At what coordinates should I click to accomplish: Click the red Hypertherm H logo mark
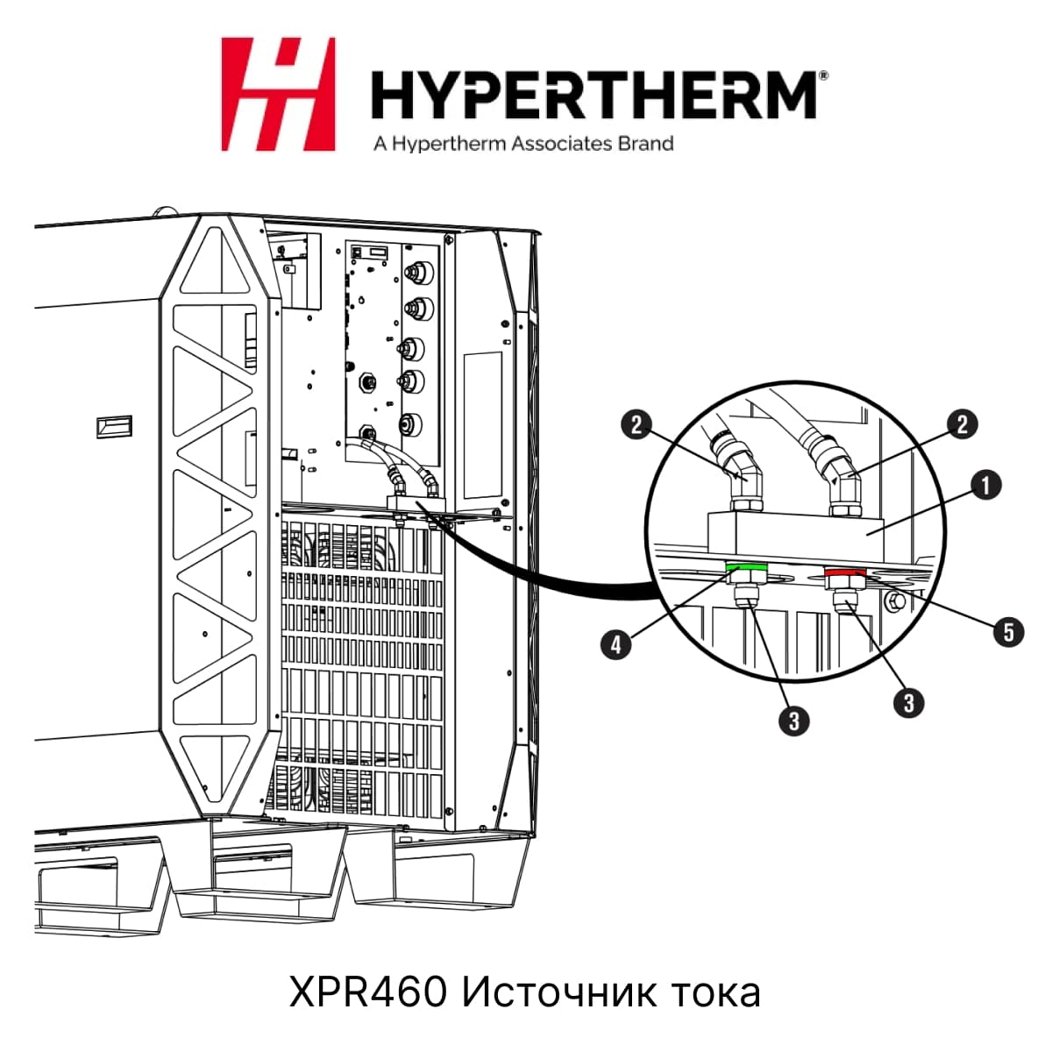(x=278, y=94)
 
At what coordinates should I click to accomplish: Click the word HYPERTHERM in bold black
(x=594, y=95)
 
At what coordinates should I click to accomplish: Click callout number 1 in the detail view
(x=986, y=485)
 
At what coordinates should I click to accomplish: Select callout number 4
(x=615, y=645)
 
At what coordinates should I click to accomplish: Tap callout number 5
(x=1008, y=632)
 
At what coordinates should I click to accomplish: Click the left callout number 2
(x=636, y=424)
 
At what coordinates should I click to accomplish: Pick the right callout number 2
(x=963, y=424)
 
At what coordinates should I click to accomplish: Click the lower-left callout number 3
(x=793, y=721)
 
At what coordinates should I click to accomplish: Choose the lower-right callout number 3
(x=909, y=702)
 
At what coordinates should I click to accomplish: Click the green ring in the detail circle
(x=746, y=568)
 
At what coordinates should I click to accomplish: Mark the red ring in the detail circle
(x=845, y=572)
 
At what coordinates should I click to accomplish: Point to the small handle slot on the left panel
(x=114, y=427)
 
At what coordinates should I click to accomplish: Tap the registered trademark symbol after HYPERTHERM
(x=824, y=75)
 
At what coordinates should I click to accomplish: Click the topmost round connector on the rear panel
(x=419, y=271)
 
